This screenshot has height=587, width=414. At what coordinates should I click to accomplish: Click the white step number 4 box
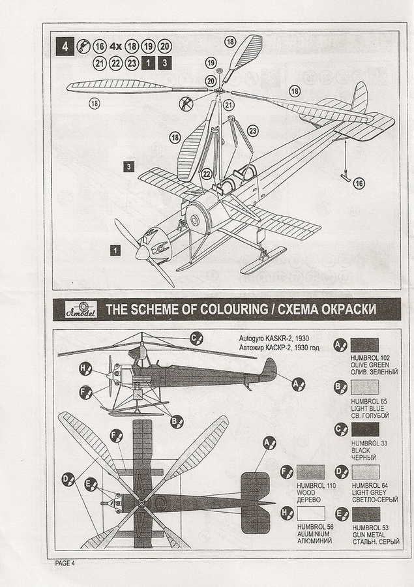(65, 46)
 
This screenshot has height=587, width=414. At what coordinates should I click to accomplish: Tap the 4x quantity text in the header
(117, 46)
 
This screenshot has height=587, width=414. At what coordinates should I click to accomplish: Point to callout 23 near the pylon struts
(252, 130)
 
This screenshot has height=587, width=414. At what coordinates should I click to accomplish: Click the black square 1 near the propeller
(115, 249)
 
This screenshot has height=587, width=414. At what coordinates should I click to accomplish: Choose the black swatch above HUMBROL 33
(364, 429)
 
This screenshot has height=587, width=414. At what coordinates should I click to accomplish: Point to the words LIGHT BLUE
(367, 409)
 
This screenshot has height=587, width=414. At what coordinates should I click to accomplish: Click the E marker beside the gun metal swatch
(340, 513)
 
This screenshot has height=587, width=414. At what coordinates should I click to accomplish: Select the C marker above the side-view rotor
(196, 337)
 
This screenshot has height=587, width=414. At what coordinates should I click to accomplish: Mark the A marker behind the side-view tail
(297, 384)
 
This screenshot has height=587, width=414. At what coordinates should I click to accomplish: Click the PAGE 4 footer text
(65, 563)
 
